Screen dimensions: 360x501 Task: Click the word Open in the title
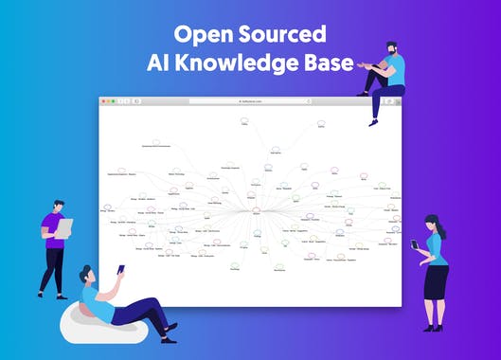coord(200,35)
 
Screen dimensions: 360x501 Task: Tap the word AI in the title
coord(157,63)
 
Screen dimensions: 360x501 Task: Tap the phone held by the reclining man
coord(120,269)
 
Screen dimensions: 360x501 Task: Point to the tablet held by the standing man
coord(63,228)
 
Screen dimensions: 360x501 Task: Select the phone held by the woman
coord(414,244)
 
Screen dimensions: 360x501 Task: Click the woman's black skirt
coord(436,280)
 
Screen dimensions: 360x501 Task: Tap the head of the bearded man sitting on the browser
coord(390,49)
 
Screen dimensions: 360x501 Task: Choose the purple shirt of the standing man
coord(52,229)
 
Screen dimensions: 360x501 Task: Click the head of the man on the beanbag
coord(86,277)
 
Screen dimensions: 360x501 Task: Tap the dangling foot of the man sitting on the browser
coord(375,121)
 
